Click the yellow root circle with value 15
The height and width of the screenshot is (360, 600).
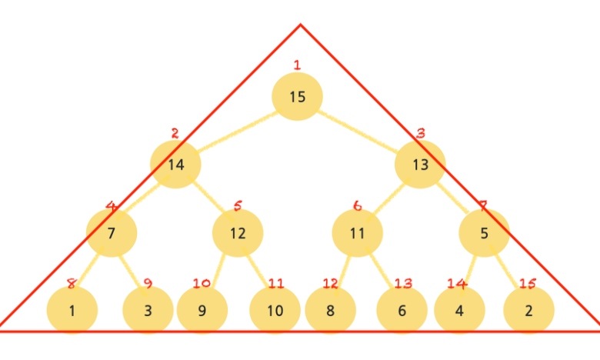[x=297, y=96]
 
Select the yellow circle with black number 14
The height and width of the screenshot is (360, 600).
[x=175, y=164]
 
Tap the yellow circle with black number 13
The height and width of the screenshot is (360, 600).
[x=420, y=164]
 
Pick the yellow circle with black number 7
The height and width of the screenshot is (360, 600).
[x=112, y=232]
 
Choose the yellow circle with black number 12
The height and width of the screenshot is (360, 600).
[x=238, y=232]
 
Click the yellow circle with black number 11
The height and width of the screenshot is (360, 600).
[x=357, y=232]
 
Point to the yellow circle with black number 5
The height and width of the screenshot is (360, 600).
[x=484, y=232]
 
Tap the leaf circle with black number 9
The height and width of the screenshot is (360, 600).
[x=202, y=311]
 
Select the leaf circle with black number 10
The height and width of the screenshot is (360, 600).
[x=275, y=311]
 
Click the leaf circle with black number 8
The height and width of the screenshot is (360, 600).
[x=330, y=311]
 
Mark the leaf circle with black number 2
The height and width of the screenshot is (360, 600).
[x=528, y=311]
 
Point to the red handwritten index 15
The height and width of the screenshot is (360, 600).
[x=527, y=284]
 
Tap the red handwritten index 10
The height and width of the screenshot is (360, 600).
[x=202, y=283]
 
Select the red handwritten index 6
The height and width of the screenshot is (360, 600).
[x=357, y=205]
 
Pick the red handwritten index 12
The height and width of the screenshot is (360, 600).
[x=330, y=284]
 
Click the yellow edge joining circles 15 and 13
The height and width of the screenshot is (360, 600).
[x=358, y=130]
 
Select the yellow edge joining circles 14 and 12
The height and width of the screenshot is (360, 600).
[x=207, y=198]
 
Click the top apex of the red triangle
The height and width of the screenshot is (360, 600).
[x=300, y=25]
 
